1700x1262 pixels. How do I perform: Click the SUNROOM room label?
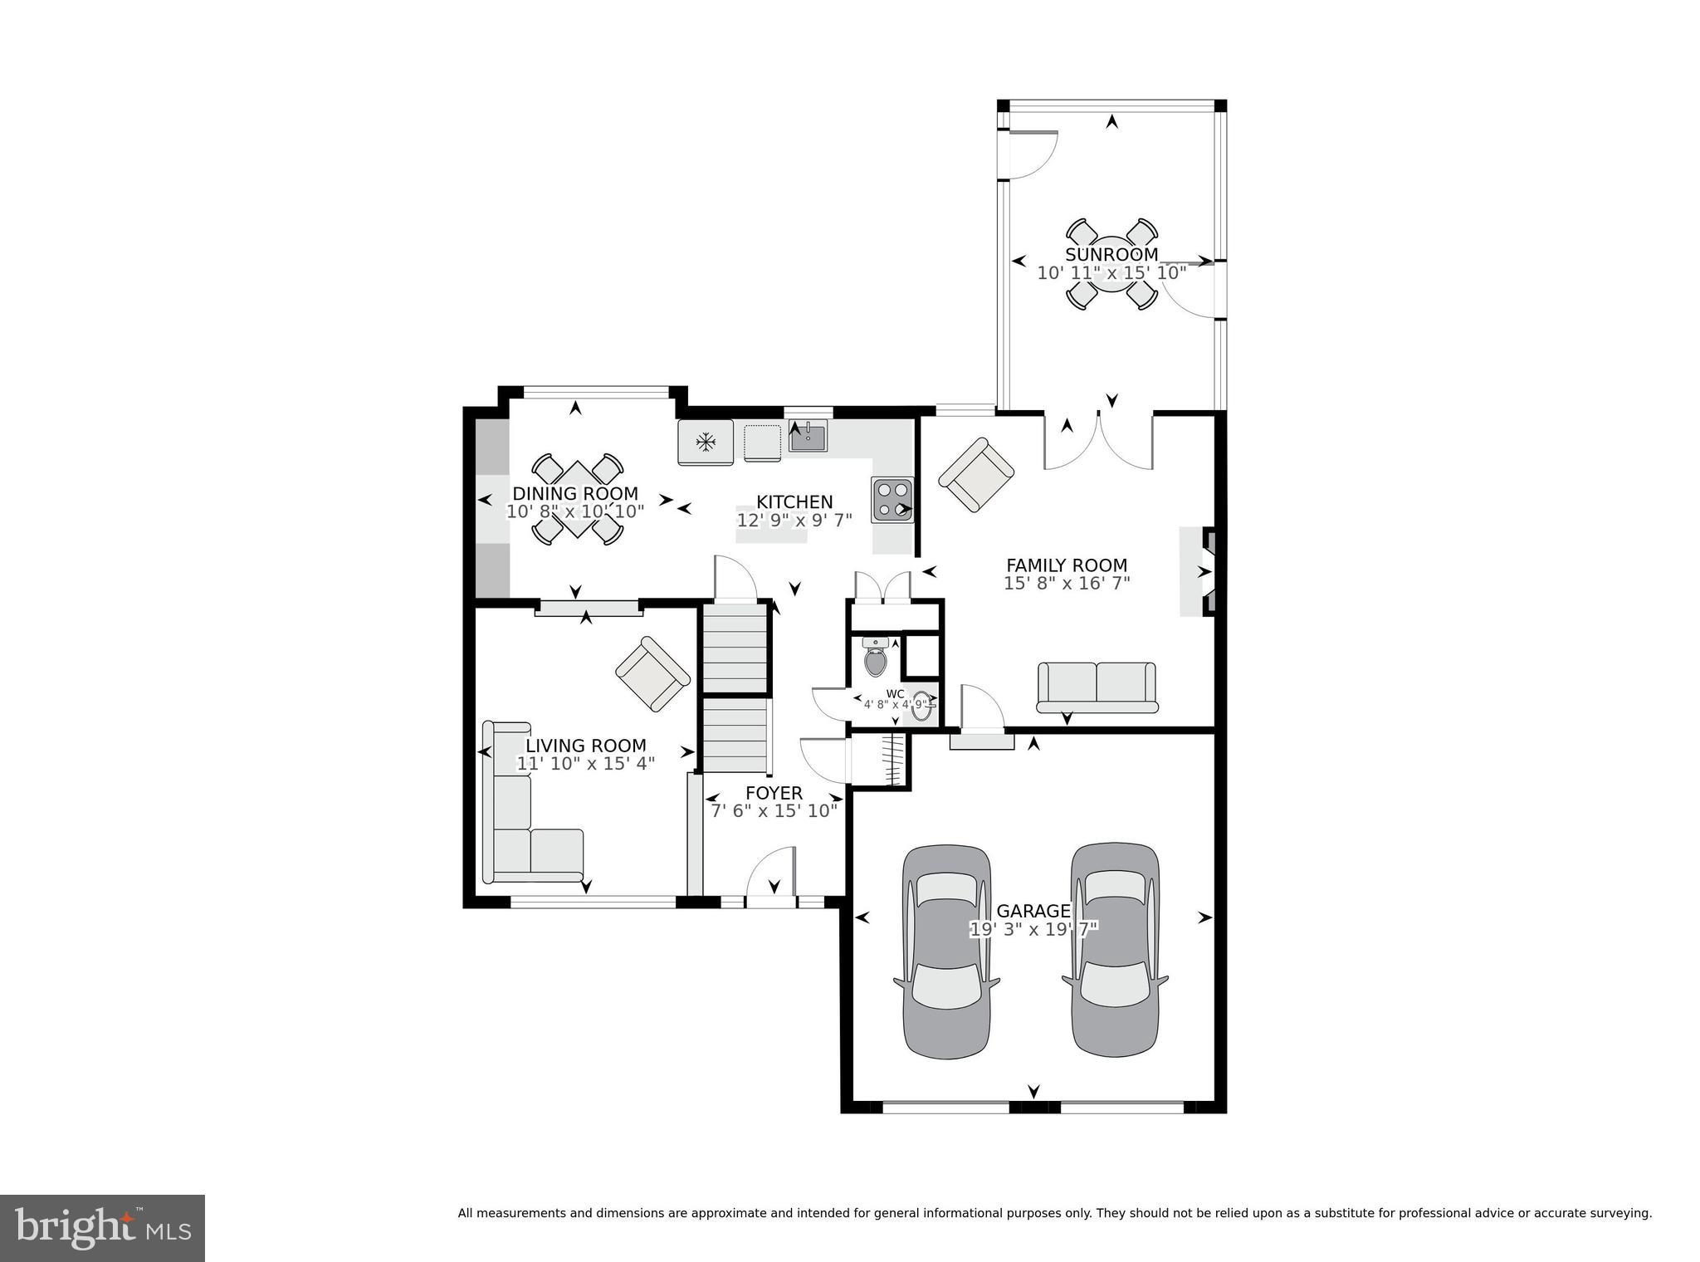(x=1111, y=255)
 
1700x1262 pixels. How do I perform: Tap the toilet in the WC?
(x=875, y=659)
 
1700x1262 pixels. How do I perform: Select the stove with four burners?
(x=892, y=500)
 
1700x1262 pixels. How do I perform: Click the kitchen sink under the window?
(x=808, y=437)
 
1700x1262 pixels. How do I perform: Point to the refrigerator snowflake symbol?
(x=706, y=443)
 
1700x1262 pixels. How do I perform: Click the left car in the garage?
(x=946, y=951)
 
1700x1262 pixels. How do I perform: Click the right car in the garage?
(x=1114, y=950)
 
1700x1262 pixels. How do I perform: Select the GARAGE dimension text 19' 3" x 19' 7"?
(x=1033, y=929)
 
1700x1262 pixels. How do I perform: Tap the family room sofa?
(x=1097, y=687)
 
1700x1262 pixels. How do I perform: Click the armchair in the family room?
(x=976, y=475)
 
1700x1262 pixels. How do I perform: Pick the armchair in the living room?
(x=652, y=673)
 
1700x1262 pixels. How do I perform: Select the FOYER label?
(x=774, y=793)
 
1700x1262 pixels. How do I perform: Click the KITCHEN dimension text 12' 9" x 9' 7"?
(x=794, y=521)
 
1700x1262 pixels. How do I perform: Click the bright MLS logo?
(x=102, y=1228)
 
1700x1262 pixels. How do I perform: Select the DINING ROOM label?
(x=575, y=494)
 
